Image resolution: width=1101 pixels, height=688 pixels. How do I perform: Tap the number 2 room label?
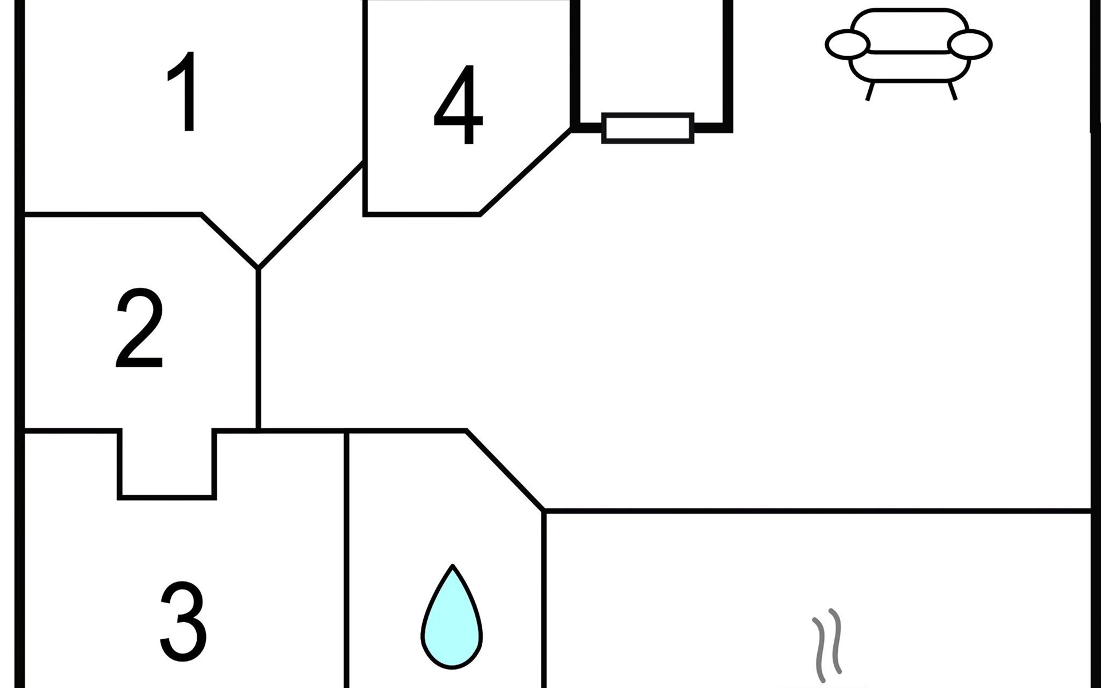point(139,328)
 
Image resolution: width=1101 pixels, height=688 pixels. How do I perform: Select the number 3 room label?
point(182,621)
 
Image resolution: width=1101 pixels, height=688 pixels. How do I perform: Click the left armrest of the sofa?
point(848,44)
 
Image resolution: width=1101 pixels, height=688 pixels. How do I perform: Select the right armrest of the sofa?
point(970,44)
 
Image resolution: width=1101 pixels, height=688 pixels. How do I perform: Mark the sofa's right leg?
point(952,91)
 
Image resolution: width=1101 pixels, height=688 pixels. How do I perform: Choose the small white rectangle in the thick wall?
point(648,128)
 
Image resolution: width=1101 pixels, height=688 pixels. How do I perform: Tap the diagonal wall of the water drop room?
point(505,470)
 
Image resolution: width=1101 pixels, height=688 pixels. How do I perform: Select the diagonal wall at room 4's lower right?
point(525,172)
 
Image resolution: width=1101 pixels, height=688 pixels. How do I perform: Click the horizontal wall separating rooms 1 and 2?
point(113,214)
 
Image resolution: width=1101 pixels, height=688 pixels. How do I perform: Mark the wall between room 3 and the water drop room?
point(346,559)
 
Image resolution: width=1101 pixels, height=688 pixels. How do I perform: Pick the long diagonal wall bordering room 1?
point(311,214)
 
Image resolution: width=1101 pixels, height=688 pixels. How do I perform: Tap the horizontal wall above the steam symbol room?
point(817,510)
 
